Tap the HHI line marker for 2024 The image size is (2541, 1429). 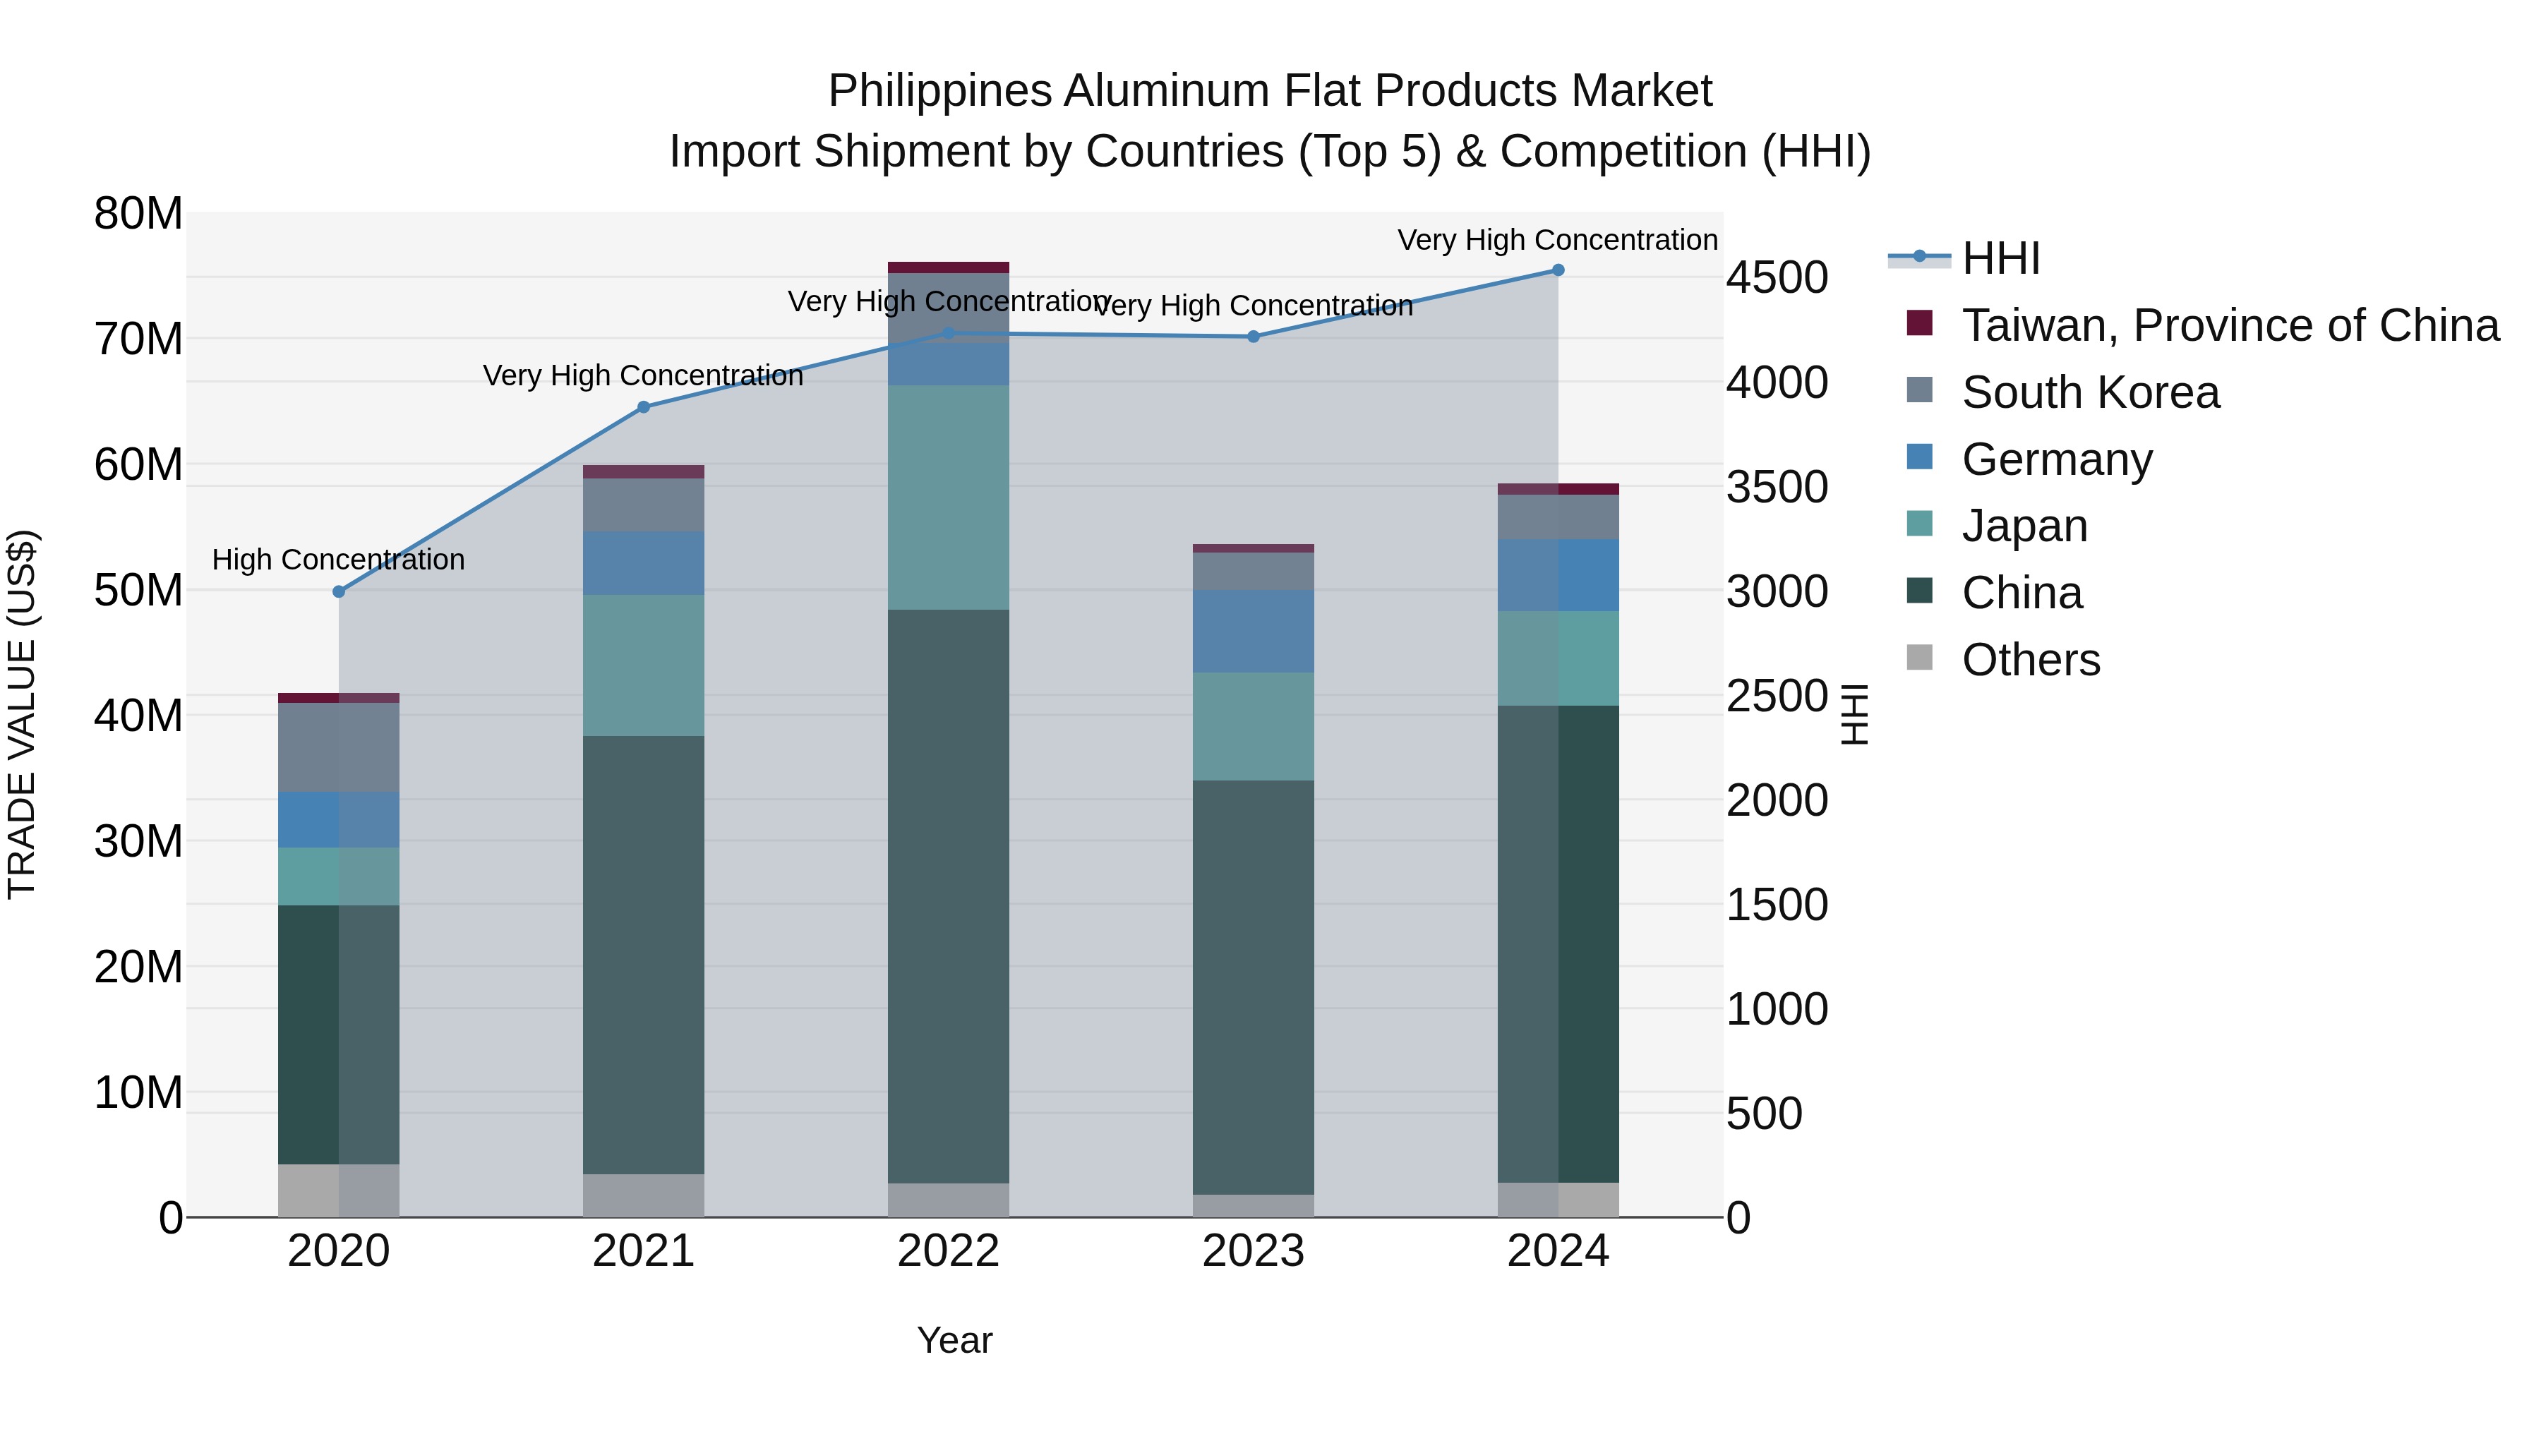(1558, 270)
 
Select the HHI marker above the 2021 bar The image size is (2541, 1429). (643, 407)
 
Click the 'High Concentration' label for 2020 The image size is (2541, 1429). (338, 560)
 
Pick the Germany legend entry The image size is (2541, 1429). (2057, 459)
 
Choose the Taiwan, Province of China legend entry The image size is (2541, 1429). (2229, 325)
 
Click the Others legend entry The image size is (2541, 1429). (2030, 660)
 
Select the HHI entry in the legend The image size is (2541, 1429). (2000, 258)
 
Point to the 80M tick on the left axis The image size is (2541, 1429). (138, 214)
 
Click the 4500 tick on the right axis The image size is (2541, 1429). (1777, 278)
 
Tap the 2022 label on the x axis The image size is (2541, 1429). (948, 1251)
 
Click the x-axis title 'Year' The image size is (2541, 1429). (954, 1340)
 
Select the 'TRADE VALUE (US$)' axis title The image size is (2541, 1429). (22, 714)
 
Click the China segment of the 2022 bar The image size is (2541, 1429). (948, 896)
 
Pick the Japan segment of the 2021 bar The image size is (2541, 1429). (643, 665)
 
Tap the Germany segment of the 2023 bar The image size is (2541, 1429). (1253, 631)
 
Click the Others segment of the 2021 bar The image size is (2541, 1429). (643, 1195)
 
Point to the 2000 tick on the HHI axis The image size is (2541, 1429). (1777, 801)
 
